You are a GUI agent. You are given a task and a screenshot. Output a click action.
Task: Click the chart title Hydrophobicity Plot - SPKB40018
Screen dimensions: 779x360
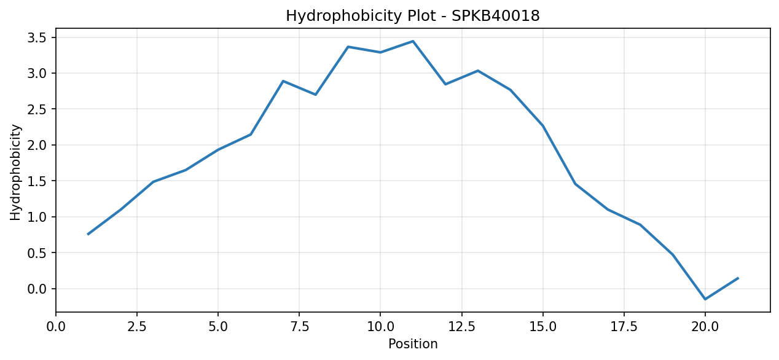(413, 16)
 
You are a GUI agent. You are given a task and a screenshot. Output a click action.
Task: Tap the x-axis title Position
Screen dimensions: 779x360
(413, 344)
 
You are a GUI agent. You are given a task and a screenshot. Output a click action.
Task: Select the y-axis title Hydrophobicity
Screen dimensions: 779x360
(15, 172)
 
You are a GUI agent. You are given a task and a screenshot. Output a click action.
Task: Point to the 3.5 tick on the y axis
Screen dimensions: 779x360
(37, 37)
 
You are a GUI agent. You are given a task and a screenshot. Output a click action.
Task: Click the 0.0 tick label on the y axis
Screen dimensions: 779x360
(37, 289)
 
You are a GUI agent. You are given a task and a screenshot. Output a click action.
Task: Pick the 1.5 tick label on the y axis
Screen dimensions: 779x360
(37, 181)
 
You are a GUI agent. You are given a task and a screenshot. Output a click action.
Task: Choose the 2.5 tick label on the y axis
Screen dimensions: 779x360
(37, 109)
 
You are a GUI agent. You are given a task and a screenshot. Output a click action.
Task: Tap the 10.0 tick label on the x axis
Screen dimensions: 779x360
(380, 327)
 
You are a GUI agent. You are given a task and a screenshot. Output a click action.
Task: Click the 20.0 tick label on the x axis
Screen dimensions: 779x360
(705, 327)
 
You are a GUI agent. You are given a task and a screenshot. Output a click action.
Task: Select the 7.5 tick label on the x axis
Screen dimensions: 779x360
(299, 327)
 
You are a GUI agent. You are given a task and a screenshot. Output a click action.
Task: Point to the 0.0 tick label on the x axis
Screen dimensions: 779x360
(56, 327)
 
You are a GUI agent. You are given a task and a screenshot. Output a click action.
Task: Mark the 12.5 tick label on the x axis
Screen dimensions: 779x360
(461, 327)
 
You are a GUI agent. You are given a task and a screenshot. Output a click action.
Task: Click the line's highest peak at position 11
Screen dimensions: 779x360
(413, 41)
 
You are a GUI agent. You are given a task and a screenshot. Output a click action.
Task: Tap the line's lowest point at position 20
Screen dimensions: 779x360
(705, 299)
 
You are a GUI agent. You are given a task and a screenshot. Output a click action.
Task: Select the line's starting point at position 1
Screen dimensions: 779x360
(88, 235)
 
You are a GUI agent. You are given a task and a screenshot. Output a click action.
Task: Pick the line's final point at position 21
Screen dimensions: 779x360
(738, 278)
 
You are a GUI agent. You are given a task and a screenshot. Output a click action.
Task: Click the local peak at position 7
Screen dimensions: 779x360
(283, 81)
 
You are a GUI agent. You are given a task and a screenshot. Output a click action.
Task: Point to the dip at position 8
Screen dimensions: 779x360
(315, 95)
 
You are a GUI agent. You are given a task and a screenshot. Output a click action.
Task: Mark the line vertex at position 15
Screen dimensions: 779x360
(543, 126)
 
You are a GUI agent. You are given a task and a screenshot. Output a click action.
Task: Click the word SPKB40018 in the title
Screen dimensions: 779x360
(496, 16)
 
